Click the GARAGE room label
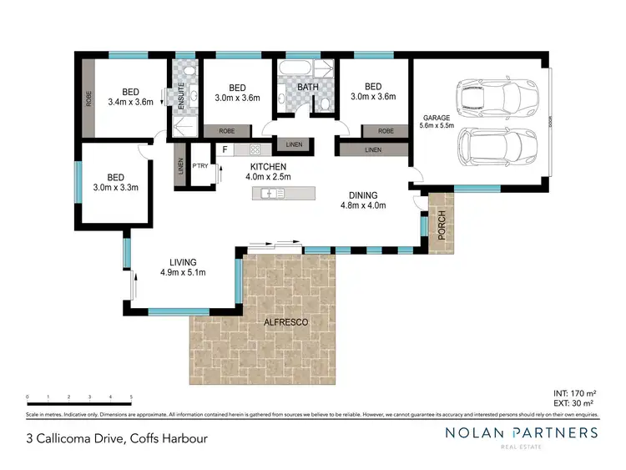point(437,116)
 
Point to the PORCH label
point(442,223)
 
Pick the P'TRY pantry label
point(200,166)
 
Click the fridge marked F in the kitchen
point(225,150)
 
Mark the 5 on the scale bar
point(131,397)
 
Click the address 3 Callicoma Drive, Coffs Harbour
point(116,438)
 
